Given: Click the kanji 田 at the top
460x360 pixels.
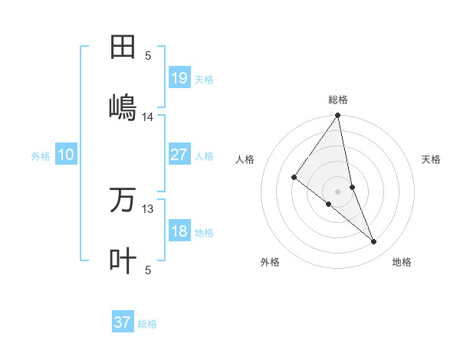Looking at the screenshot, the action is tap(123, 47).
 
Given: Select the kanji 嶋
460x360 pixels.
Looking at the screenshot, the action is tap(123, 106).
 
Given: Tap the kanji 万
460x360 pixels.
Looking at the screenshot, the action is tap(123, 200).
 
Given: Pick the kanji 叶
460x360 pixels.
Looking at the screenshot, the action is tap(123, 260).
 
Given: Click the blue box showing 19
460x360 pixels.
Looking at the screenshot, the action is tap(179, 77).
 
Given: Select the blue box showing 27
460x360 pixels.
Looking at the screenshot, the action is tap(179, 155).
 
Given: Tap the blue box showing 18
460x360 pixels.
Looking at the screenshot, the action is tap(179, 232).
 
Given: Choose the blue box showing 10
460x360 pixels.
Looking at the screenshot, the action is tap(66, 155).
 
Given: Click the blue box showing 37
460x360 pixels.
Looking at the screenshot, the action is tap(123, 322).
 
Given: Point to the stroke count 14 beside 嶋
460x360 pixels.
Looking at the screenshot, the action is tap(148, 117).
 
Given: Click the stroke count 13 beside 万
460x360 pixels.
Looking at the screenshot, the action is tap(148, 209).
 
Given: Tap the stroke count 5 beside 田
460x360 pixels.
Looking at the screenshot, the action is tap(148, 55).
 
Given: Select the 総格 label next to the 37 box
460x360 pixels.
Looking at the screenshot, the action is tap(147, 324).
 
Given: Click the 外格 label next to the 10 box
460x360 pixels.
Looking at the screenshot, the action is tap(41, 156).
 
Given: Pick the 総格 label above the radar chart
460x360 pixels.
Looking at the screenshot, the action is tap(338, 100).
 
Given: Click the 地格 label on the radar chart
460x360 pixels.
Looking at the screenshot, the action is tap(402, 262).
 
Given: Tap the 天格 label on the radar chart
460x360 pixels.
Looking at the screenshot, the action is tap(432, 159).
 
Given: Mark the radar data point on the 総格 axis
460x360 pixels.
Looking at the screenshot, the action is tap(338, 116).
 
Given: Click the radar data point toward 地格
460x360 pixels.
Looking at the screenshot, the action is tap(374, 242).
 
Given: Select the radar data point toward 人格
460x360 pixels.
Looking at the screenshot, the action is tap(294, 178).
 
